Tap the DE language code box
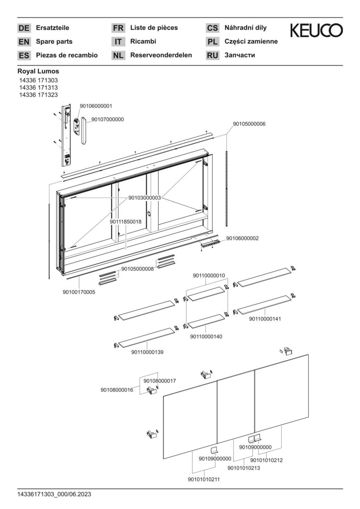tap(24, 28)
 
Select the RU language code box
tap(213, 56)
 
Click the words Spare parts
tap(54, 41)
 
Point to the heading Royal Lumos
tap(38, 71)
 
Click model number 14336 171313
tap(38, 87)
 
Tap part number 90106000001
tap(96, 106)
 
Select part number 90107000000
tap(107, 119)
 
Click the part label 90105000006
tap(249, 124)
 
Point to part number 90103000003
tap(145, 197)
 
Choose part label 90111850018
tap(126, 222)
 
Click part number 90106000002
tap(243, 238)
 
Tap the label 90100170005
tap(79, 292)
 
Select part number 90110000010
tap(209, 276)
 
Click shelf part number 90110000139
tap(147, 352)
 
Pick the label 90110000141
tap(265, 319)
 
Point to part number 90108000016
tap(117, 390)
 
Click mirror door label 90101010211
tap(204, 479)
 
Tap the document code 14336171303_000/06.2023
tap(54, 494)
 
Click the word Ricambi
tap(143, 41)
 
